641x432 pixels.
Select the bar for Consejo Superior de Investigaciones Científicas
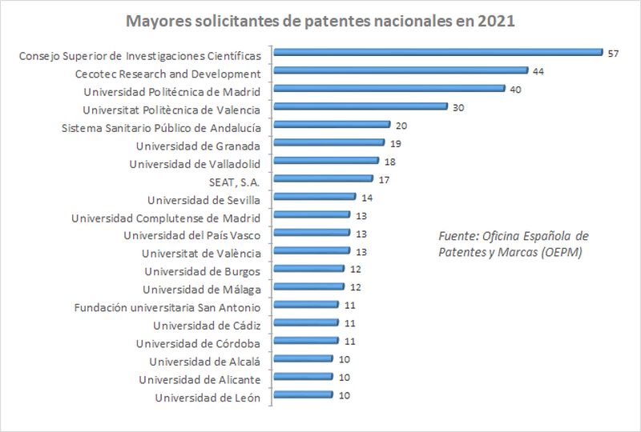click(437, 53)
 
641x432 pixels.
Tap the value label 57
click(614, 54)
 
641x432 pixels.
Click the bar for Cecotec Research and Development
click(401, 71)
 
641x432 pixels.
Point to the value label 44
click(538, 72)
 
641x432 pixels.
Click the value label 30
click(458, 108)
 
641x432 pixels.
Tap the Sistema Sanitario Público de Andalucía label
click(161, 126)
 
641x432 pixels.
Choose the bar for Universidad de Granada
click(329, 143)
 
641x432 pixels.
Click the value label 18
click(390, 162)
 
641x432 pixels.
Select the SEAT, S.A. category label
click(233, 180)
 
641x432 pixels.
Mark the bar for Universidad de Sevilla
click(315, 197)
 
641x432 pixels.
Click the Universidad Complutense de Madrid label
click(166, 217)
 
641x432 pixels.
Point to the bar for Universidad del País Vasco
click(312, 234)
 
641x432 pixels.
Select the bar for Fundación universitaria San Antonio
click(306, 306)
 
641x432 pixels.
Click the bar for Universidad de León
click(304, 395)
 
